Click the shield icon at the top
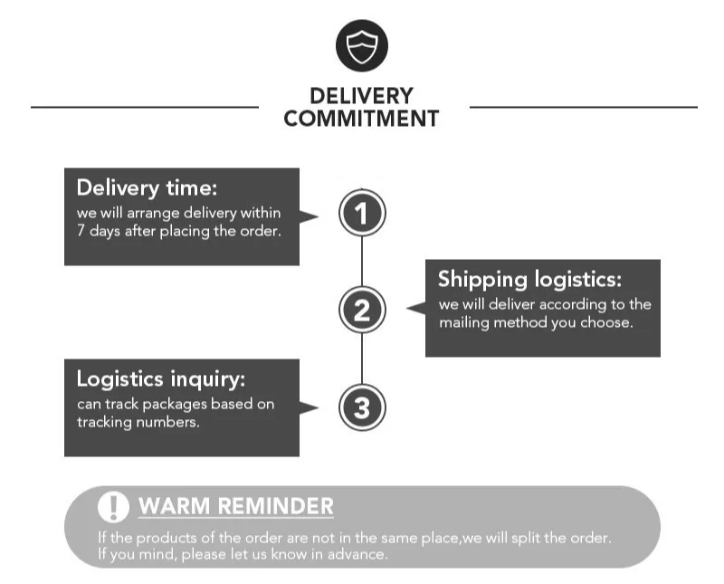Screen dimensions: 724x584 [x=361, y=45]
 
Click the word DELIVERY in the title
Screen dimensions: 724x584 [x=361, y=96]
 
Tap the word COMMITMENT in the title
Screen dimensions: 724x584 [x=361, y=119]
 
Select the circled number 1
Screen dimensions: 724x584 [x=362, y=215]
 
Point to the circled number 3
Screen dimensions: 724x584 [x=362, y=408]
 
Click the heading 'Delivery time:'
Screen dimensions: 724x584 [x=147, y=188]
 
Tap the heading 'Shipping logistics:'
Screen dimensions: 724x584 [x=529, y=279]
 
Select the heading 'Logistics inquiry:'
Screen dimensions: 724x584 [x=160, y=378]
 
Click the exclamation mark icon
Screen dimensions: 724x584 [x=113, y=507]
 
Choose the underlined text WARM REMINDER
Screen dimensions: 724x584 [x=235, y=506]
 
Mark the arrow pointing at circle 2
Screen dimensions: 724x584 [x=415, y=309]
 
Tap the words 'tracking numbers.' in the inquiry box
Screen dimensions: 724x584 [x=138, y=422]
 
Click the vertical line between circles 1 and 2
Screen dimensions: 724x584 [x=362, y=263]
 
